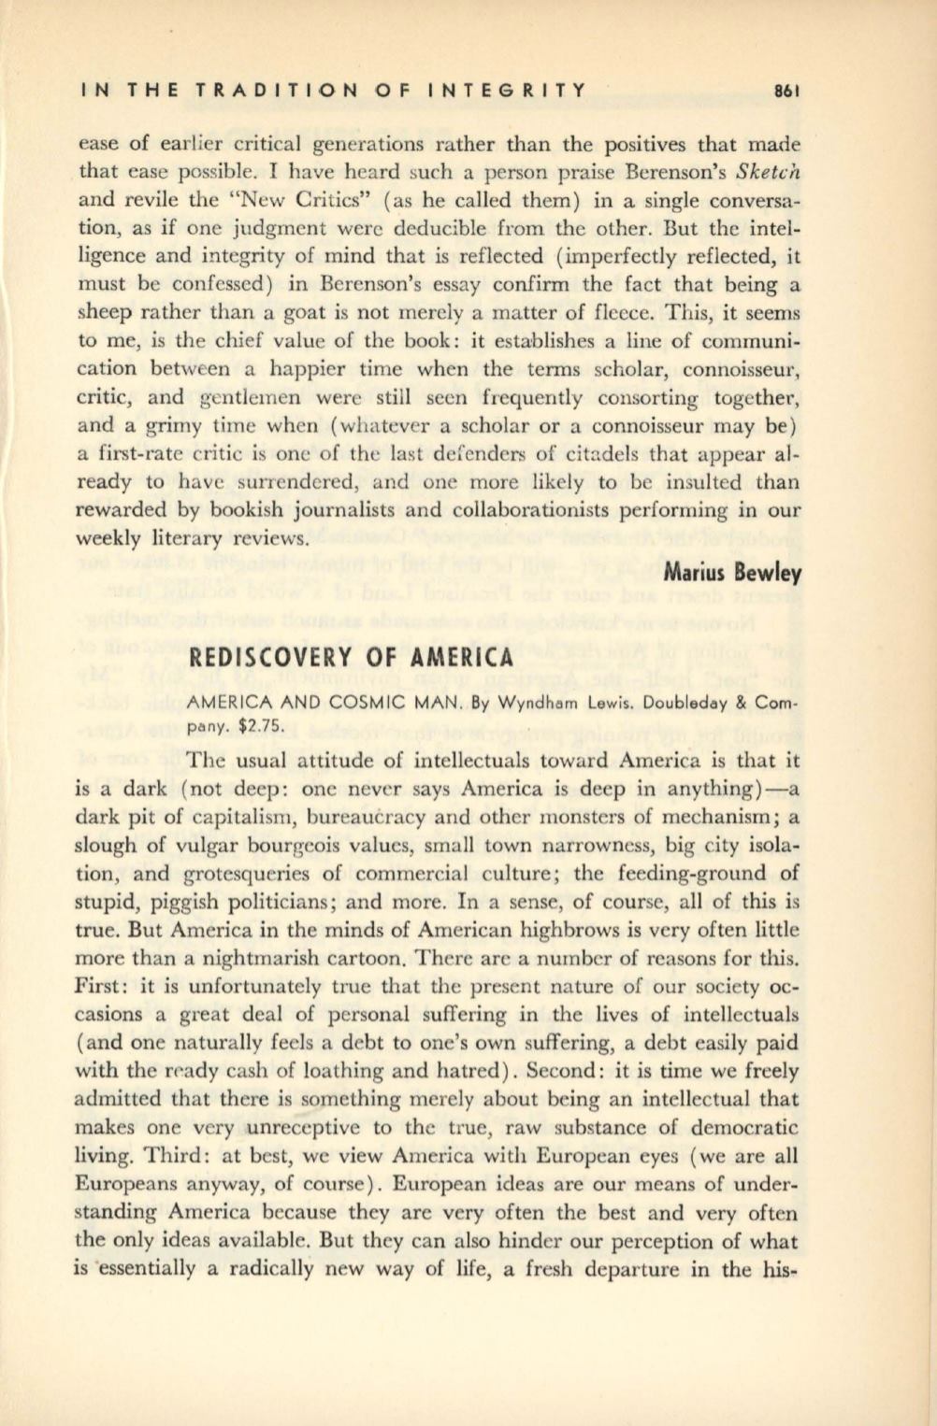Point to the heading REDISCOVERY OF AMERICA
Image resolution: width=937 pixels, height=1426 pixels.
pos(353,655)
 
